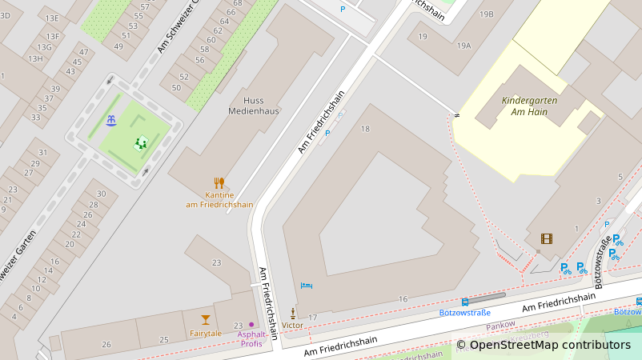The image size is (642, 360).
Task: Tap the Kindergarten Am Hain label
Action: point(528,106)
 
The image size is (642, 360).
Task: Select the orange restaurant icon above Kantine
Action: point(219,182)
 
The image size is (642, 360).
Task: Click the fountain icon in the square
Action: point(110,120)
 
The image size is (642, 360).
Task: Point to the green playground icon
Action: point(141,143)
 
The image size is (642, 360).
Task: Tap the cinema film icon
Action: point(547,238)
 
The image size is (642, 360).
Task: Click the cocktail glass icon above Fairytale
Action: point(206,320)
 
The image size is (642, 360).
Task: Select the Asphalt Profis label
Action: point(252,338)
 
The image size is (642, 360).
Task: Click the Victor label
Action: point(293,326)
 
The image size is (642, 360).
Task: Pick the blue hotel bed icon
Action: point(306,286)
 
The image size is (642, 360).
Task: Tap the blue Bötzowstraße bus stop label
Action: point(464,313)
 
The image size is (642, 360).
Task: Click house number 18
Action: point(366,129)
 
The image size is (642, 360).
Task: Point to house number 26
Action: point(106,344)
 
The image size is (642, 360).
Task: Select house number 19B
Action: point(487,14)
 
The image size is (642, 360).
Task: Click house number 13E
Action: point(53,18)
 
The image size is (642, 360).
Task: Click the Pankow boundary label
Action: point(501,325)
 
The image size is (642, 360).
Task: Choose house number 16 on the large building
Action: point(403,299)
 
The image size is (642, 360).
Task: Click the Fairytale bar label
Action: point(206,333)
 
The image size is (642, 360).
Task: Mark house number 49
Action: point(118,46)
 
